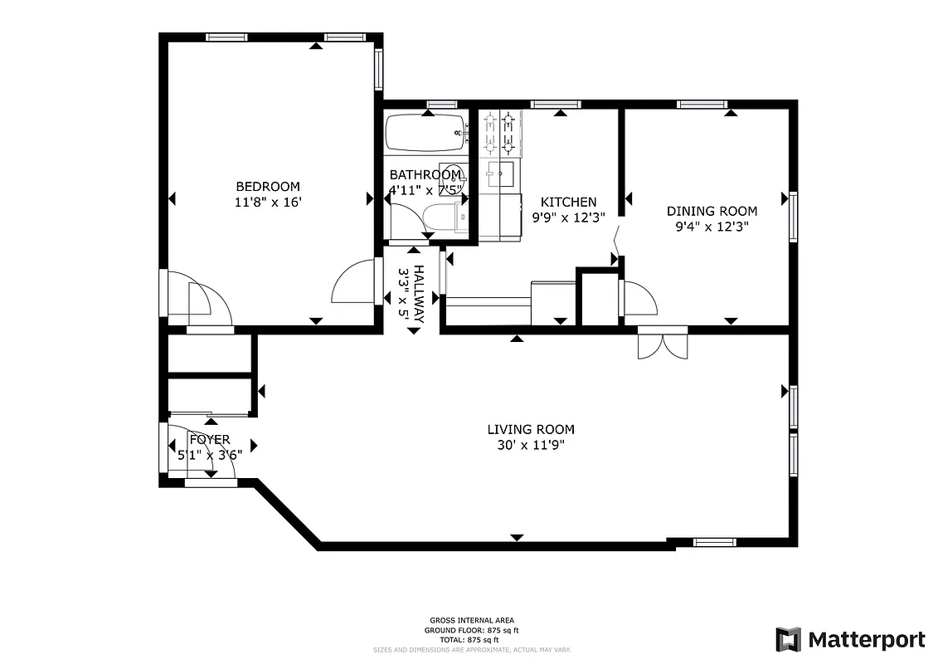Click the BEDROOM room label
point(268,187)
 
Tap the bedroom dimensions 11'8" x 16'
point(268,202)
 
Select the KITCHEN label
point(568,203)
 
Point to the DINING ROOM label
point(712,211)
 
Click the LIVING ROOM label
point(530,429)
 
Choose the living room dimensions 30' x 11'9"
point(530,445)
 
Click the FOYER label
point(209,440)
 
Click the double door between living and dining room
point(663,344)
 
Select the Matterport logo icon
point(788,639)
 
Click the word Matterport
point(866,639)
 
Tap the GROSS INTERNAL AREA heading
point(471,620)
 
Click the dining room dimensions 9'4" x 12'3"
point(712,226)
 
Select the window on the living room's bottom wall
point(714,543)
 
